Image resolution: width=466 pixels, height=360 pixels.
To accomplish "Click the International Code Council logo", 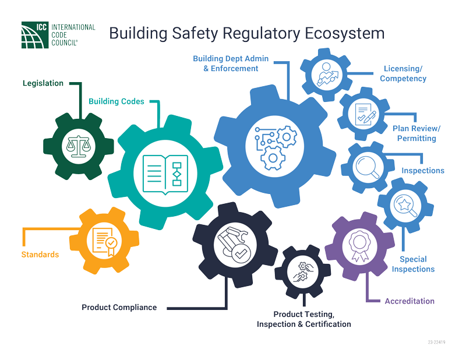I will pos(58,34).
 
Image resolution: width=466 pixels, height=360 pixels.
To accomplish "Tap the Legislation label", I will pos(43,83).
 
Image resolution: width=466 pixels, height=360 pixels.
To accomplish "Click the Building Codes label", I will pos(116,101).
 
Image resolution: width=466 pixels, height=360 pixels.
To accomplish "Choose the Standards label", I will pos(40,255).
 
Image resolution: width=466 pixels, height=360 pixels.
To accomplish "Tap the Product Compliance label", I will pos(119,307).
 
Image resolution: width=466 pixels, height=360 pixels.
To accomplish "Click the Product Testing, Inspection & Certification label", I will pos(303,319).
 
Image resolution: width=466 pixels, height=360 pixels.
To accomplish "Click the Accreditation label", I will pos(409,301).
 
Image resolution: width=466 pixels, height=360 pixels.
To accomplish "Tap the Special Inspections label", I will pos(413,264).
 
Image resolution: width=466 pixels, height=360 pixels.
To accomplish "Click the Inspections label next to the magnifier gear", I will pos(423,171).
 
